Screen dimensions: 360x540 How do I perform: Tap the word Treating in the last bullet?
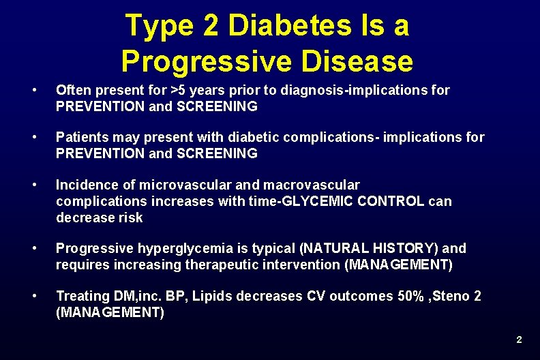pyautogui.click(x=82, y=296)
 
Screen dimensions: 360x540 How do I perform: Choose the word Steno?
pyautogui.click(x=449, y=296)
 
